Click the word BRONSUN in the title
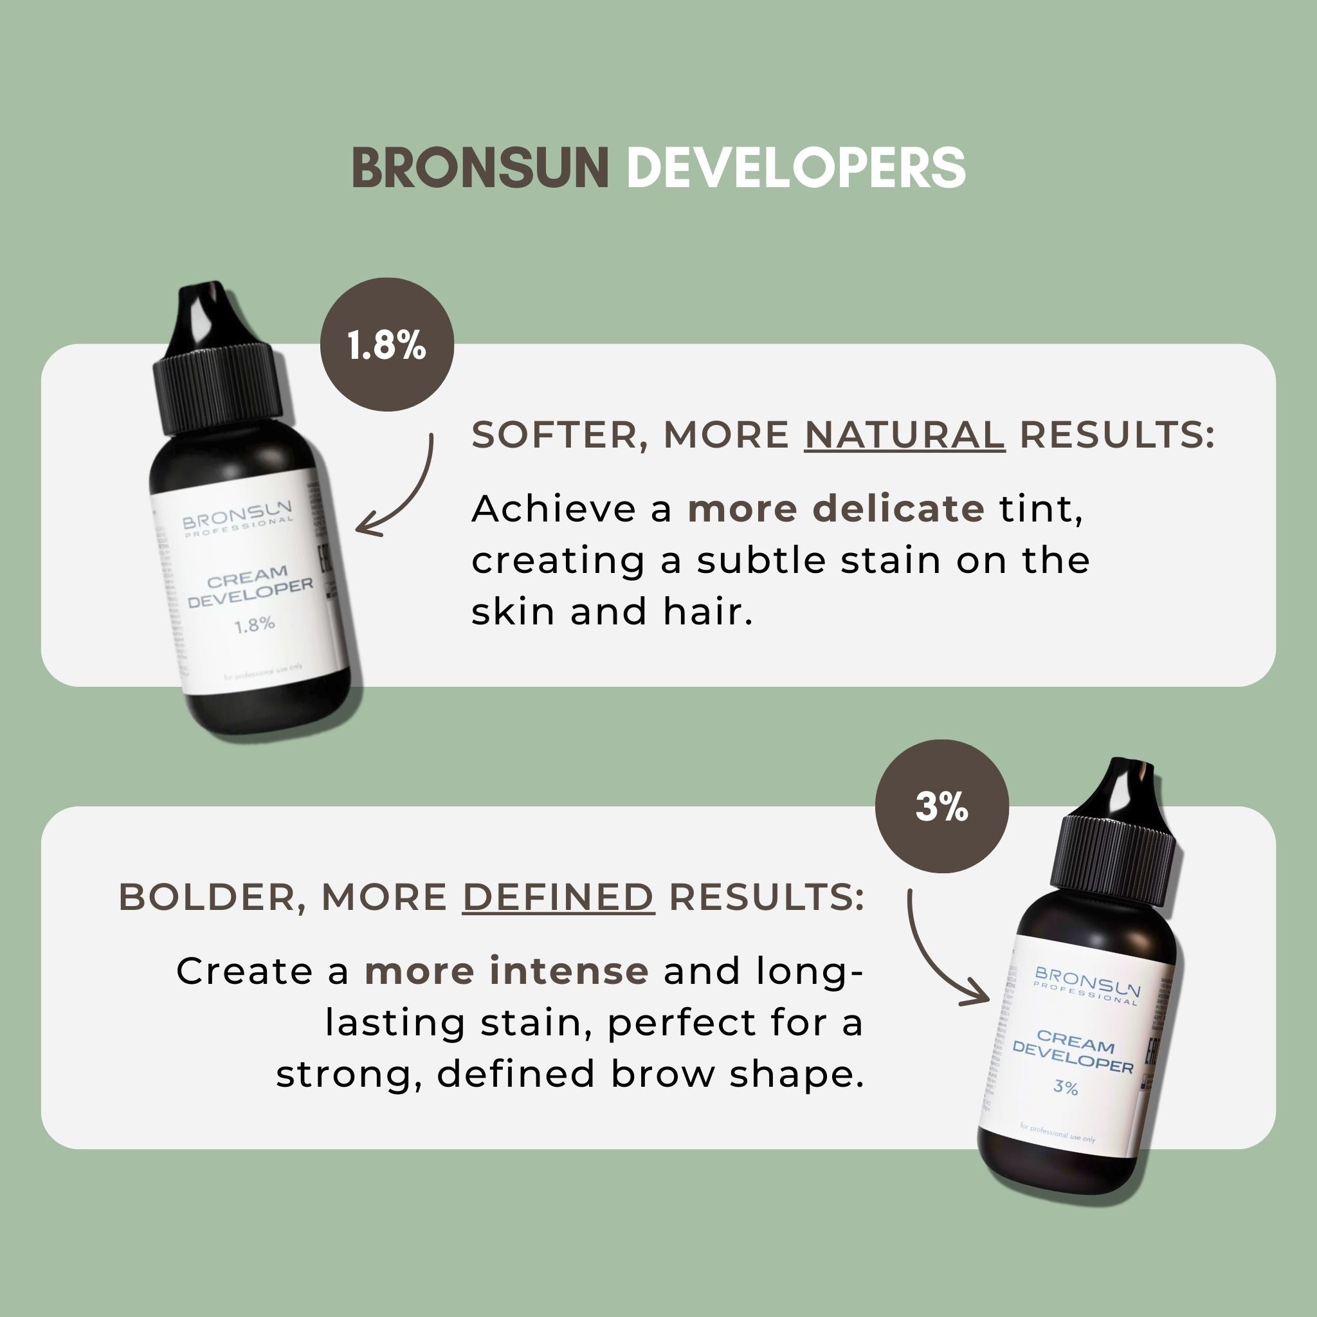480,168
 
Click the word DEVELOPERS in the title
795,168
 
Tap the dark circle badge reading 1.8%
386,345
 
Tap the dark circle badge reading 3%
941,807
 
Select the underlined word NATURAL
904,435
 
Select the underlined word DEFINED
558,897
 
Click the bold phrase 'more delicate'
836,509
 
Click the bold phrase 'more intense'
507,970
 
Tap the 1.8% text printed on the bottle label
254,624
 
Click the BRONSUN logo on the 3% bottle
1087,981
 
